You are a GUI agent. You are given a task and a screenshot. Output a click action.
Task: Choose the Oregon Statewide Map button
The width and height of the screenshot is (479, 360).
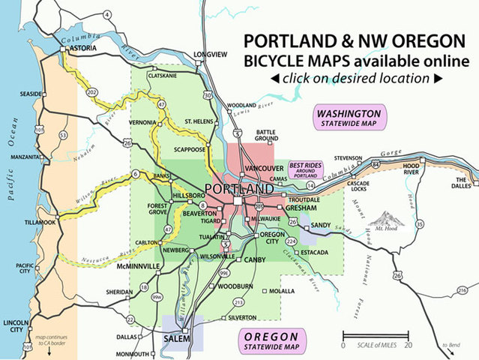(x=279, y=340)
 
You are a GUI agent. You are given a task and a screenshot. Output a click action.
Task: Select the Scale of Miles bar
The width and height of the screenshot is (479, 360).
(x=376, y=335)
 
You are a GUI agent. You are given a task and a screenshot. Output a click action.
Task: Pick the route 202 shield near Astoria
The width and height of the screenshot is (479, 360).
(x=91, y=92)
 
